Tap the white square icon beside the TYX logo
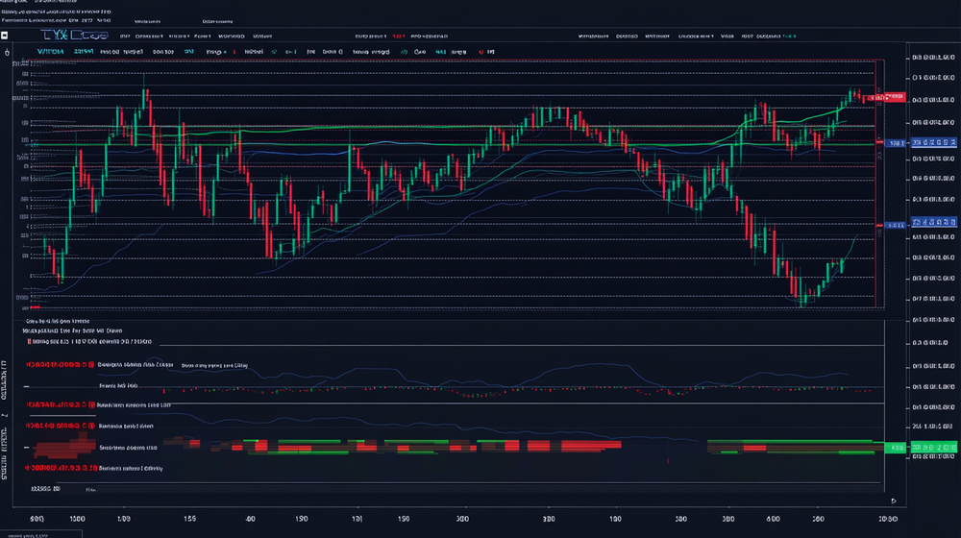[x=6, y=36]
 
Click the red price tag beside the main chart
[x=893, y=97]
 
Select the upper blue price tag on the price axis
[x=895, y=143]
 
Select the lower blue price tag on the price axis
[x=895, y=225]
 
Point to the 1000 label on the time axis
[x=76, y=519]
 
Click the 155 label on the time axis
[x=189, y=519]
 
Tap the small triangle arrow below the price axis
[x=895, y=501]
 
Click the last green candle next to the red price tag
[x=851, y=96]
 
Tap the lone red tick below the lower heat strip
[x=666, y=462]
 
